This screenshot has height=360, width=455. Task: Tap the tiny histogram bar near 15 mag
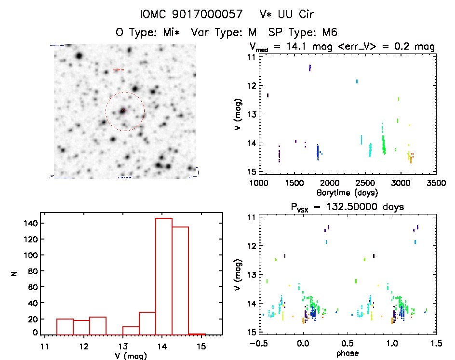click(197, 333)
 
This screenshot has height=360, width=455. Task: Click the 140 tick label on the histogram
click(30, 224)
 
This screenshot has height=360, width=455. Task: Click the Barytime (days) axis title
click(347, 193)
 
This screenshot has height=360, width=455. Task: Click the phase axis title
click(348, 353)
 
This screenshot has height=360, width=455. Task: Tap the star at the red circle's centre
click(123, 111)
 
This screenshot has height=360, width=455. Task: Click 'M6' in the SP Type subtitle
click(327, 32)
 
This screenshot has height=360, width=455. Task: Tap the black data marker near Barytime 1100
click(268, 95)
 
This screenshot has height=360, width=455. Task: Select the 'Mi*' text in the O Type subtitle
click(174, 32)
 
